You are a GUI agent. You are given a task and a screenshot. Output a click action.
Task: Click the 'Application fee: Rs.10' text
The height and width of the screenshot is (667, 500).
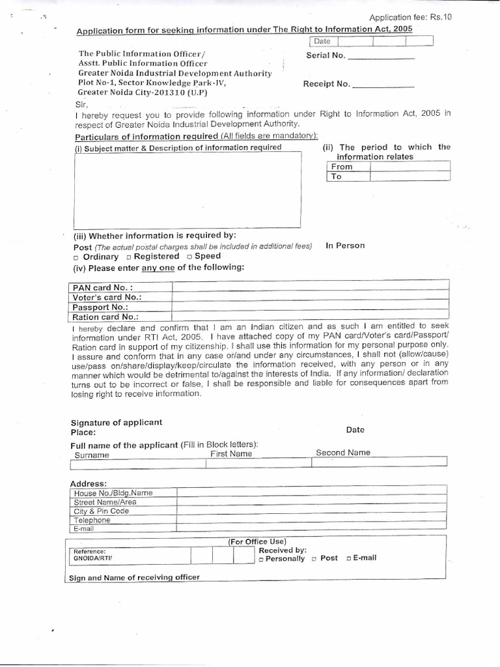410,17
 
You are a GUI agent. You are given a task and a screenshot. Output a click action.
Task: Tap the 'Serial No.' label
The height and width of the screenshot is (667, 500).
325,55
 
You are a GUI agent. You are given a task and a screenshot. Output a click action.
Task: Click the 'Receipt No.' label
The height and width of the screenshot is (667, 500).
327,84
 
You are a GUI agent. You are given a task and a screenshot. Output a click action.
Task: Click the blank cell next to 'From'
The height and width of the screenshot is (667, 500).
410,167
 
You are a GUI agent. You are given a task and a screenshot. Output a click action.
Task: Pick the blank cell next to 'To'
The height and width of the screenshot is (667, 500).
410,177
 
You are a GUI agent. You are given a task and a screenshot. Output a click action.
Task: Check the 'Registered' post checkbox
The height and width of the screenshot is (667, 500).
129,257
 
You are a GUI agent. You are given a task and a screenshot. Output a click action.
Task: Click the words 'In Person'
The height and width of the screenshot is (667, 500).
345,246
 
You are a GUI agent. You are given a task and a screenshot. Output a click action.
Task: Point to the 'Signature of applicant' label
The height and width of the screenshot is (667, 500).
117,422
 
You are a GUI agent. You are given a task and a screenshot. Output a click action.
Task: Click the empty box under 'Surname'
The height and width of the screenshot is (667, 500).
138,463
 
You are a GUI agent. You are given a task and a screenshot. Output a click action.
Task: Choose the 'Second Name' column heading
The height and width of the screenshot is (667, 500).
343,453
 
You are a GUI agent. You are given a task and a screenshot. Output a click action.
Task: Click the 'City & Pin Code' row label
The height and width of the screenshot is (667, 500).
102,511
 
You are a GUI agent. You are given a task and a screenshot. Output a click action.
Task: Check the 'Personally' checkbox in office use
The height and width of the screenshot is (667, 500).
261,560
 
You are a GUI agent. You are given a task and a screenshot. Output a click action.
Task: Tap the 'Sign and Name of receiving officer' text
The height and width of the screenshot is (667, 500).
135,577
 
